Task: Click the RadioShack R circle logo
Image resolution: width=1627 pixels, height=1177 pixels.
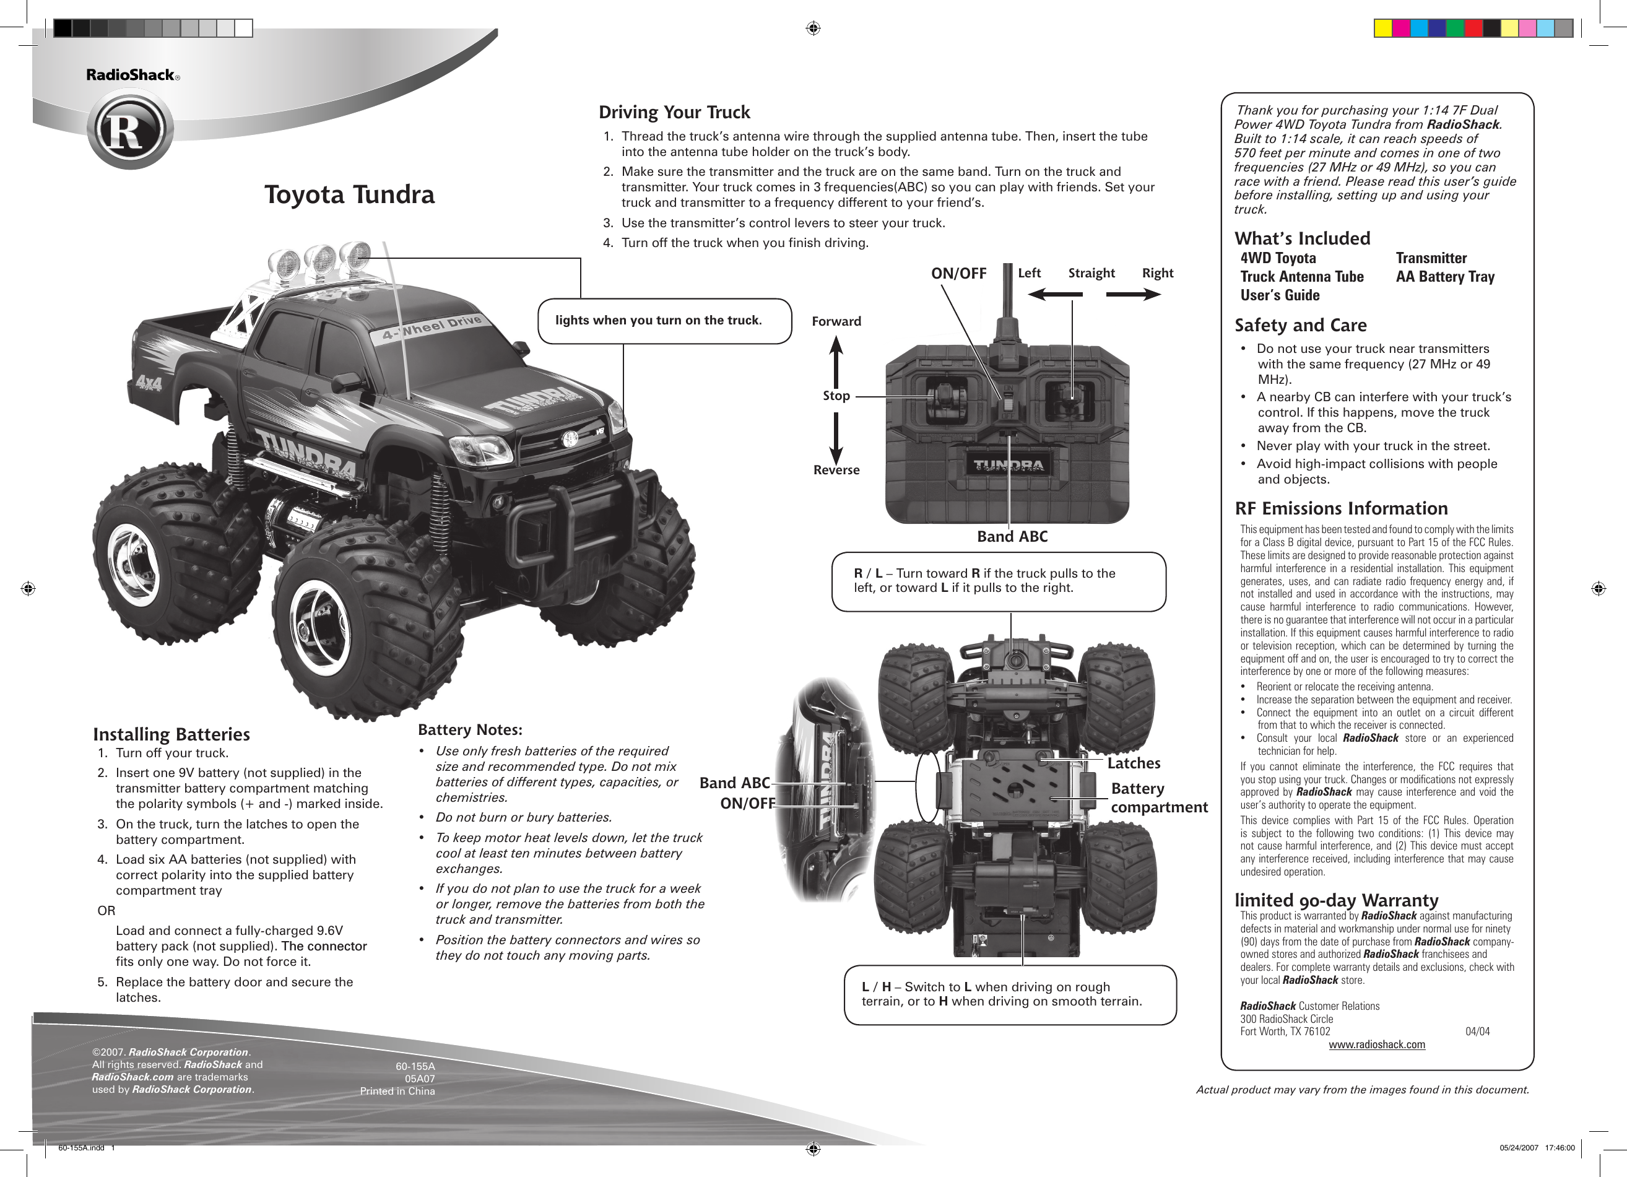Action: (131, 131)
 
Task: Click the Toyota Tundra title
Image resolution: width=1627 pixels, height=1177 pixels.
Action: (349, 195)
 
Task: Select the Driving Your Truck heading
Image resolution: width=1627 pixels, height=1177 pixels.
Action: (674, 113)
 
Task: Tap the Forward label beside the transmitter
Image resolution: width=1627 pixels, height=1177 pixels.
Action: (836, 321)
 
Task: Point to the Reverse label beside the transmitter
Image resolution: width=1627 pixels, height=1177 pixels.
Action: (836, 471)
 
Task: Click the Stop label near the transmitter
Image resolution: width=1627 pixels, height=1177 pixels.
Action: (836, 396)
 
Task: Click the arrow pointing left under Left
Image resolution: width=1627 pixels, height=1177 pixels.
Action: (1054, 294)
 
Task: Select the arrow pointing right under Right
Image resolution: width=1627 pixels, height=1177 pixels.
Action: (1134, 294)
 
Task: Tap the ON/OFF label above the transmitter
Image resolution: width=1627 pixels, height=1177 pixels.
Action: (958, 273)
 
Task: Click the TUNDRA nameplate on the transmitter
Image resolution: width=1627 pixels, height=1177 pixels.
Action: (1008, 466)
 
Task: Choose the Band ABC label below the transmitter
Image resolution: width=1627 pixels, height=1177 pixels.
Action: (1012, 537)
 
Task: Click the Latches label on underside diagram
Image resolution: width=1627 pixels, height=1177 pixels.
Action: (1134, 763)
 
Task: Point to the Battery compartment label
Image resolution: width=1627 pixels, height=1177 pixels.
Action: (1158, 797)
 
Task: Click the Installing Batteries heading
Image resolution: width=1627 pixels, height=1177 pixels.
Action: (171, 734)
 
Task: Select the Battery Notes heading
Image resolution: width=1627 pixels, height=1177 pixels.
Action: (470, 730)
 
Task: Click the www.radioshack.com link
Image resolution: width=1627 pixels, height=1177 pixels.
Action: (1377, 1045)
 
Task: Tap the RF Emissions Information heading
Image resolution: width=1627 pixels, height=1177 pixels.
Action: (1341, 508)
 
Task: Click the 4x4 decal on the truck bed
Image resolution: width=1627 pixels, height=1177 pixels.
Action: (149, 383)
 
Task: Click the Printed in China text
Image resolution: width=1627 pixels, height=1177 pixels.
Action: (397, 1091)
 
